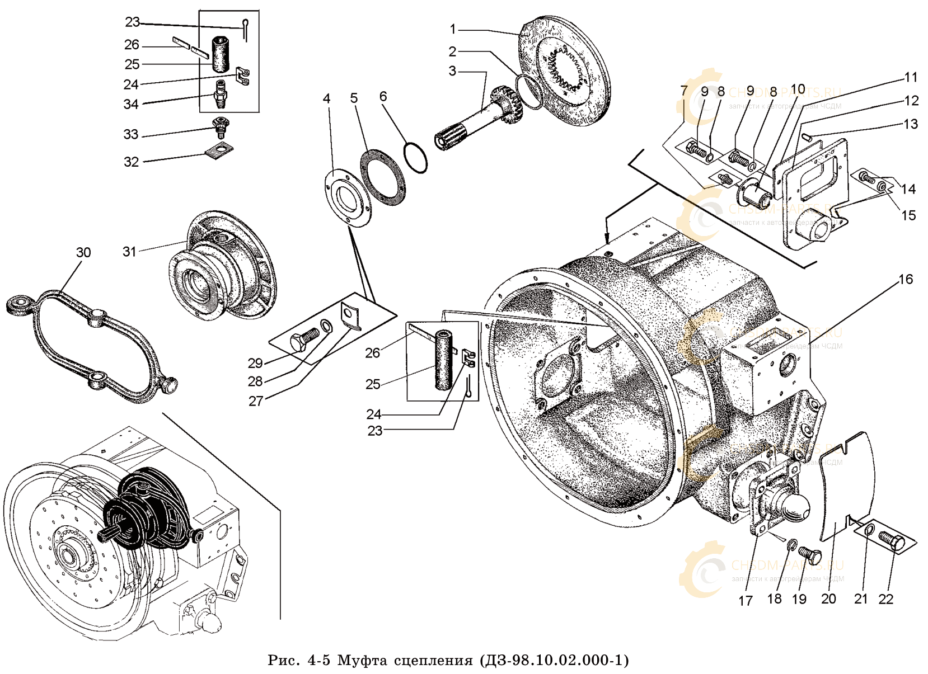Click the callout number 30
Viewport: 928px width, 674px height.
[x=83, y=253]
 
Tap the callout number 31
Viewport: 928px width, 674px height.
[x=130, y=252]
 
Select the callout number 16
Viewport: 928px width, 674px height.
[x=906, y=279]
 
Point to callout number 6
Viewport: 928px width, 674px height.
[x=383, y=97]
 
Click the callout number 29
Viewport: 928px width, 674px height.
[x=255, y=363]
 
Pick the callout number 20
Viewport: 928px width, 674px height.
[x=828, y=598]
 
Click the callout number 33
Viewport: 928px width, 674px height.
[x=131, y=135]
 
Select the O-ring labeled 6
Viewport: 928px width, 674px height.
[x=415, y=157]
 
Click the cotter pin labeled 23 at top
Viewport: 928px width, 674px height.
[x=245, y=28]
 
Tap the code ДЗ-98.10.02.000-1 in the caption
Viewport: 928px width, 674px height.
[x=554, y=661]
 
